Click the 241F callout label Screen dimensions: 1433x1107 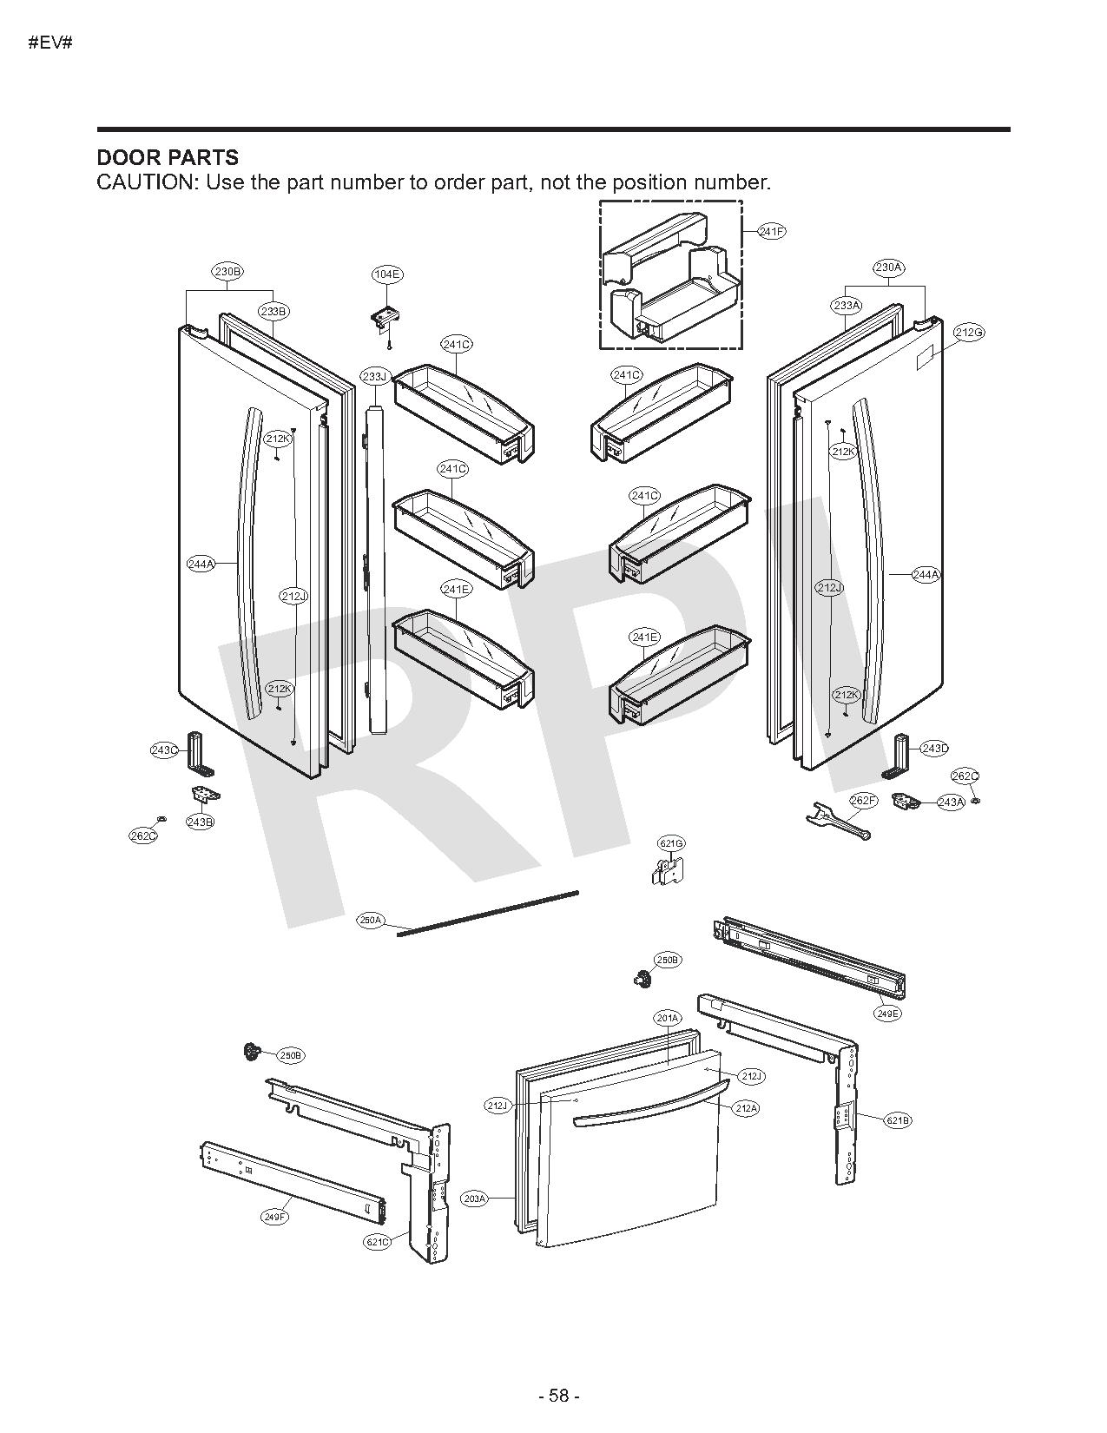click(x=772, y=231)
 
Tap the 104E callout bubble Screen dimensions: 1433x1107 click(x=386, y=274)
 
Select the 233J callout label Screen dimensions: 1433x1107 click(x=374, y=376)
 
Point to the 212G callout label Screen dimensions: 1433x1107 click(x=969, y=332)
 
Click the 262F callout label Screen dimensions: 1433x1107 click(x=864, y=800)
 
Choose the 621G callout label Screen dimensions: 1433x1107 click(x=671, y=843)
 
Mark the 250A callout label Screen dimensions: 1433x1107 click(x=371, y=920)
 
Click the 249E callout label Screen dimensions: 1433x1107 click(x=888, y=1014)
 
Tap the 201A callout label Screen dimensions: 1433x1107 click(x=667, y=1017)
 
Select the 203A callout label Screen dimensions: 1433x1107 click(x=474, y=1199)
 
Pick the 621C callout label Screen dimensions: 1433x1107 click(x=377, y=1242)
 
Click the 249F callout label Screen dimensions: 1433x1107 click(x=274, y=1217)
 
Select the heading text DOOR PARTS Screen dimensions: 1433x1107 click(x=167, y=157)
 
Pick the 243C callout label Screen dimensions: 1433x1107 click(x=165, y=750)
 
